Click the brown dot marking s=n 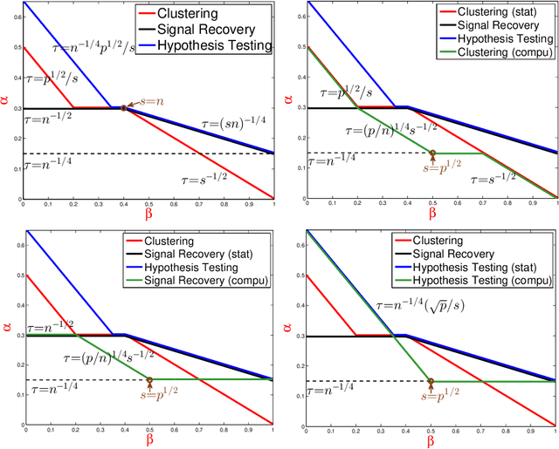pos(123,108)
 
